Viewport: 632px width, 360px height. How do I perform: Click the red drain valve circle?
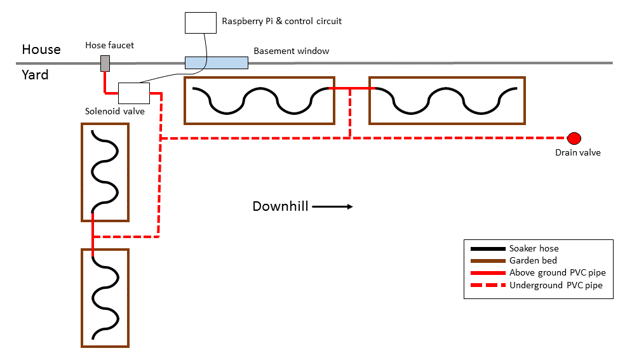point(574,138)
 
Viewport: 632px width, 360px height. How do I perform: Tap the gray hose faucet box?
point(105,63)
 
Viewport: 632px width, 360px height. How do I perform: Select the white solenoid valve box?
point(134,93)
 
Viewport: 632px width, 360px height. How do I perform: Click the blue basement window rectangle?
point(216,62)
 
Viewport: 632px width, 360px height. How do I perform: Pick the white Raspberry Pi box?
point(200,22)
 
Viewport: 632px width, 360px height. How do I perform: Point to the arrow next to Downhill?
point(332,206)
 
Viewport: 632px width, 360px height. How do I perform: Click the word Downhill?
point(280,206)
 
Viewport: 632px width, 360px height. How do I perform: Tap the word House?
point(41,50)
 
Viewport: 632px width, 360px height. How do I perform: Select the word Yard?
point(36,75)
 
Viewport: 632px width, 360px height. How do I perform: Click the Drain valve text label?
point(577,152)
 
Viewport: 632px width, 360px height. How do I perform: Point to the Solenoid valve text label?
point(115,111)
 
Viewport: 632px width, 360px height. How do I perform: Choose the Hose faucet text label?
point(110,45)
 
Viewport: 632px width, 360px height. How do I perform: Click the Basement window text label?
point(292,51)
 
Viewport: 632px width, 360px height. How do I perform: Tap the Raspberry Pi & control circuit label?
point(281,21)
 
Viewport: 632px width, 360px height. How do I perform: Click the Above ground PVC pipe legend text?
point(557,273)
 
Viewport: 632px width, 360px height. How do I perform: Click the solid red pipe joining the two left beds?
point(93,235)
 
